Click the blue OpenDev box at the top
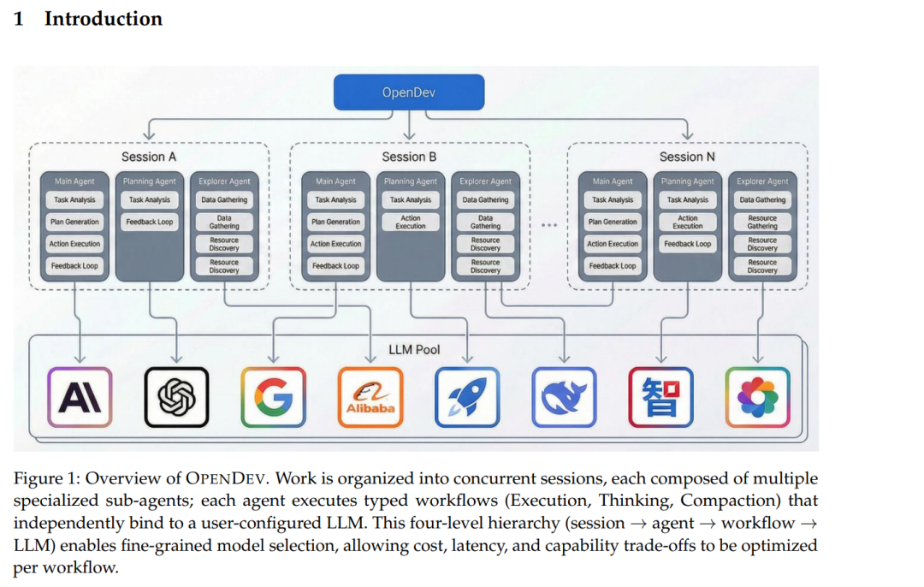(409, 92)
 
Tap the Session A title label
(149, 157)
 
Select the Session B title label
(409, 157)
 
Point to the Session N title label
(687, 157)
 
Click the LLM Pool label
(415, 349)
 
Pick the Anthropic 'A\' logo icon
(79, 397)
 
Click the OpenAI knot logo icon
(176, 397)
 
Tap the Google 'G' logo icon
(273, 397)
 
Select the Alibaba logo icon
(370, 397)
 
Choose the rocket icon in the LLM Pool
(467, 397)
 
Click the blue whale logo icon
(564, 397)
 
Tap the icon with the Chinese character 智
(660, 397)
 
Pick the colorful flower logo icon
(757, 397)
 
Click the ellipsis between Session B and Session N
(549, 225)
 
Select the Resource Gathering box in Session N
(762, 222)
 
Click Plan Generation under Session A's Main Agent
(74, 222)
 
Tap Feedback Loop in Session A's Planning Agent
(149, 222)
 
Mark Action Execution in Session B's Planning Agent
(411, 222)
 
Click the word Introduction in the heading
(103, 19)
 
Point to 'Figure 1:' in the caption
(47, 479)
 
